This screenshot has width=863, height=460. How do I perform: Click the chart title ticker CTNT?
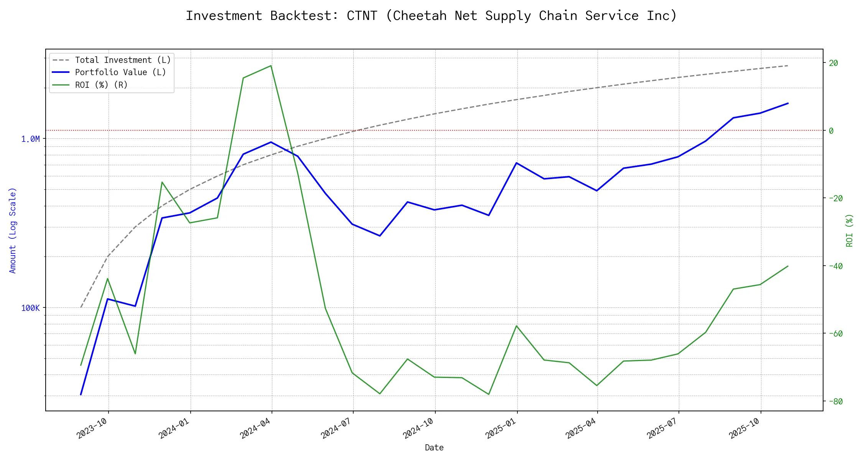[362, 16]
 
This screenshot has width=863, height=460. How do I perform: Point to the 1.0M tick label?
[30, 139]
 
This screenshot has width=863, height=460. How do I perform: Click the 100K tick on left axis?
[30, 308]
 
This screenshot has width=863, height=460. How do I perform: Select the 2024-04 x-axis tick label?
[255, 428]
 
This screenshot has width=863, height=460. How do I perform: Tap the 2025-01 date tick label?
[501, 428]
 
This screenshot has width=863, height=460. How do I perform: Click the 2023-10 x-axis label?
[92, 428]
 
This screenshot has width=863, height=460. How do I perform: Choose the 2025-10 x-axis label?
[744, 428]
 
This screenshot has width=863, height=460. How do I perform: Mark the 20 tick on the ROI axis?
[833, 63]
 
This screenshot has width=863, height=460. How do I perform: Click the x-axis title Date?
[434, 448]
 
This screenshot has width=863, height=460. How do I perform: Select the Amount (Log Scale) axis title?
[13, 230]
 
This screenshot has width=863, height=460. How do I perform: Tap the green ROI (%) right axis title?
[850, 230]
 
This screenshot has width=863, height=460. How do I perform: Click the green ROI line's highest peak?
[271, 66]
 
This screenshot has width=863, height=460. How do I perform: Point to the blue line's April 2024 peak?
[271, 142]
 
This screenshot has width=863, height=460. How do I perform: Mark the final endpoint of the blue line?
[788, 103]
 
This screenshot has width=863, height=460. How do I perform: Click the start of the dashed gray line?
[81, 307]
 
